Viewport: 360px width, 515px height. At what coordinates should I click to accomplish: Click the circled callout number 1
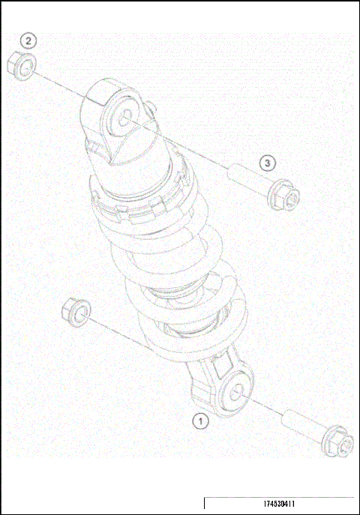(200, 421)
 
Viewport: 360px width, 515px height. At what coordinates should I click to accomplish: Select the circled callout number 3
(268, 162)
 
